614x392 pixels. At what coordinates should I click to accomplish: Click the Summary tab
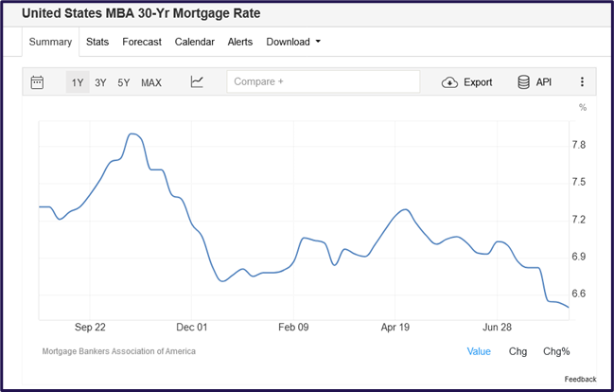coord(50,42)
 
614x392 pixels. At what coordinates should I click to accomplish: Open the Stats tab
coord(97,42)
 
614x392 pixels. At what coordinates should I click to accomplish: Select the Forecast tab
coord(142,42)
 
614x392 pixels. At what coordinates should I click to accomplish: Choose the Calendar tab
coord(195,42)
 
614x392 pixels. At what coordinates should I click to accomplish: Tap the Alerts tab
coord(240,42)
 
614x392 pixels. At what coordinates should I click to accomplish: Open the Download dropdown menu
coord(293,42)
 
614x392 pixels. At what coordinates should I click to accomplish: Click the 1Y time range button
coord(78,82)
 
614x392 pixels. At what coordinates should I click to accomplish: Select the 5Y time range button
coord(124,82)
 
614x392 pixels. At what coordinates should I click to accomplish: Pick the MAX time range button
coord(151,82)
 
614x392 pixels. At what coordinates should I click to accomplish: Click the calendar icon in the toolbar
coord(37,82)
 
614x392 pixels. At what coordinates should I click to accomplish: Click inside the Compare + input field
coord(323,82)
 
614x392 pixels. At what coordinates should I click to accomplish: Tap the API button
coord(535,82)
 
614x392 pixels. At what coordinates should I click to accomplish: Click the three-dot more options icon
coord(582,82)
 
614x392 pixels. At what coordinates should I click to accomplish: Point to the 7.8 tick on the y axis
coord(579,145)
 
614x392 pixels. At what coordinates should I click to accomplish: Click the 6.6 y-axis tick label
coord(579,294)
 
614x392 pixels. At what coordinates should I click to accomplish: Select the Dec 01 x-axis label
coord(192,327)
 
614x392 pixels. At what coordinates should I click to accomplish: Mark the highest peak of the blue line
coord(134,134)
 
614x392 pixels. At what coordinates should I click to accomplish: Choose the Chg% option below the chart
coord(555,351)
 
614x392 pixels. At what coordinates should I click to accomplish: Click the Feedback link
coord(581,379)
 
